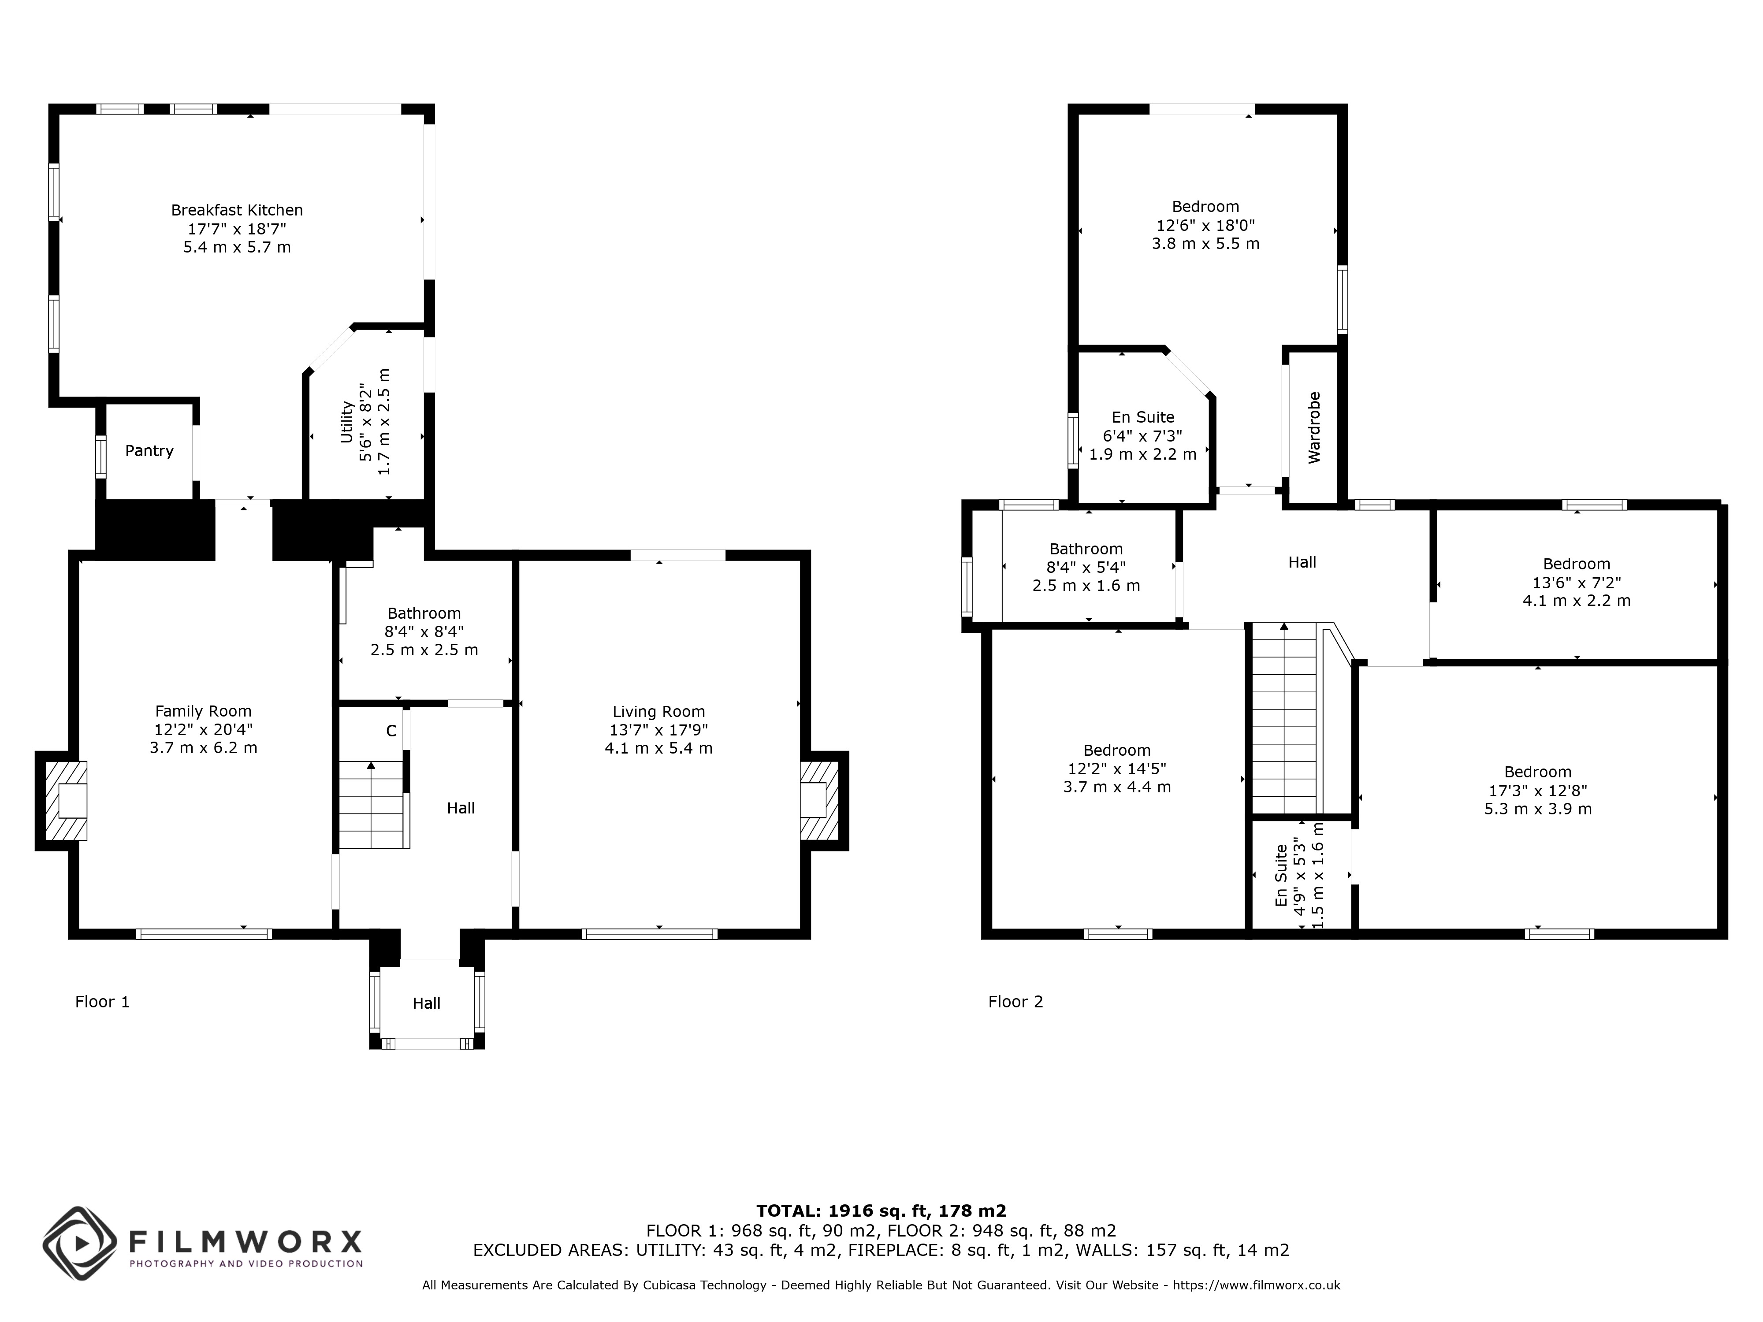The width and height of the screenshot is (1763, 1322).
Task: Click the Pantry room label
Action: [x=149, y=451]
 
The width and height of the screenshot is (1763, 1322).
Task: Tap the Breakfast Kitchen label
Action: [x=237, y=210]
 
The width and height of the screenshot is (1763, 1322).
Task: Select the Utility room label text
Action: [x=347, y=422]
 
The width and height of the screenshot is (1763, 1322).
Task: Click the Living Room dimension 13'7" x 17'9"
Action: [x=658, y=730]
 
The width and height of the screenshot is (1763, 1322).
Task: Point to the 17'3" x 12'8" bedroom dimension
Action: [x=1537, y=791]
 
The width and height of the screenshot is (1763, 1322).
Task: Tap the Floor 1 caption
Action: [x=102, y=1002]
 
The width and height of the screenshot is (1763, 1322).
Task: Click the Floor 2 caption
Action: [x=1015, y=1002]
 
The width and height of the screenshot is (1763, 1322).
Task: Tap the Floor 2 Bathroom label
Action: [x=1086, y=549]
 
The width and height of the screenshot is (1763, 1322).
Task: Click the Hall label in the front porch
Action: [x=426, y=1003]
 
